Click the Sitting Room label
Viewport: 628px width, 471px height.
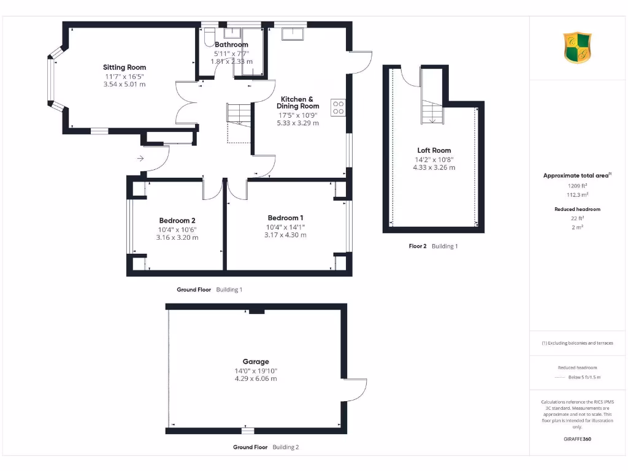pyautogui.click(x=124, y=67)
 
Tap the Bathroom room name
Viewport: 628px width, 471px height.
pyautogui.click(x=231, y=45)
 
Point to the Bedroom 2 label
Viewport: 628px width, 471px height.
pyautogui.click(x=177, y=221)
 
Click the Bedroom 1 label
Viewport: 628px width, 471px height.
pyautogui.click(x=285, y=218)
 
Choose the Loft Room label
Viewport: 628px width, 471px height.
pyautogui.click(x=434, y=150)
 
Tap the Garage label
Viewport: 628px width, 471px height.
pyautogui.click(x=255, y=362)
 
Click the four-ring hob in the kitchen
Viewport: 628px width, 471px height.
pyautogui.click(x=338, y=107)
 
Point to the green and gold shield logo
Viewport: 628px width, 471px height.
pyautogui.click(x=577, y=48)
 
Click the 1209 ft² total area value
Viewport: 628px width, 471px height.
pyautogui.click(x=577, y=185)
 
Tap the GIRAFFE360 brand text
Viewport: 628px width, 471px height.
pyautogui.click(x=577, y=439)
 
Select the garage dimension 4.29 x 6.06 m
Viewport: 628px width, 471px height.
pyautogui.click(x=255, y=378)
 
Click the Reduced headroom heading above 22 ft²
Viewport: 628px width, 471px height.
pyautogui.click(x=577, y=210)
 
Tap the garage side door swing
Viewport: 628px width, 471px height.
pyautogui.click(x=356, y=389)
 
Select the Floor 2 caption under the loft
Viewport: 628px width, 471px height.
pyautogui.click(x=418, y=246)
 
